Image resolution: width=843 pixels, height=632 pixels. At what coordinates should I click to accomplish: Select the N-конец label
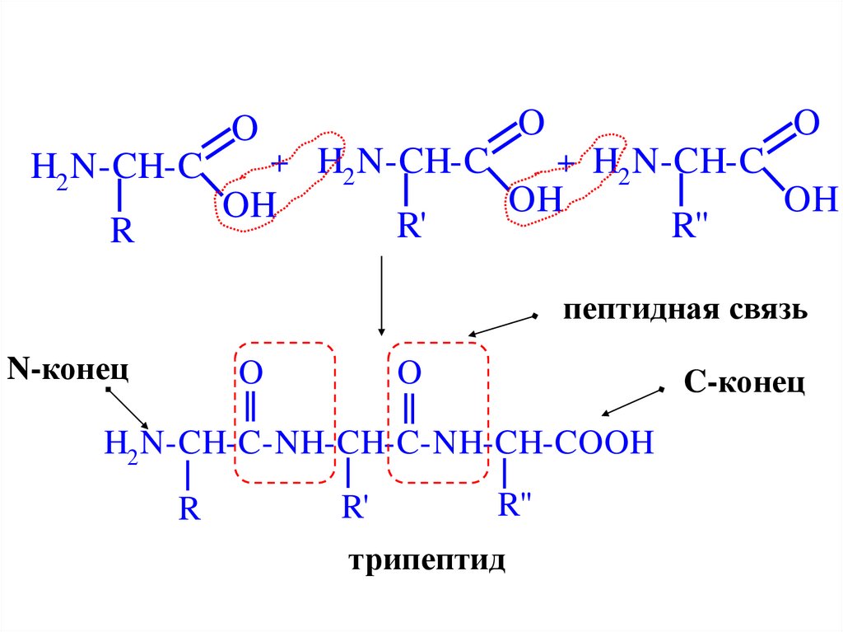[68, 368]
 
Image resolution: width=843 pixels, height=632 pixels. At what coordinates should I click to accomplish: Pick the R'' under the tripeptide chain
[517, 504]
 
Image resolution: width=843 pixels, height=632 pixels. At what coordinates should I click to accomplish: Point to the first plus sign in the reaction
[279, 163]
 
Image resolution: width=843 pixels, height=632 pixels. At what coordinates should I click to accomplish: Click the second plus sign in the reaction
[566, 163]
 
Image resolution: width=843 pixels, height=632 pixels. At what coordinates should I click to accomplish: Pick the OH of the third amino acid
[810, 199]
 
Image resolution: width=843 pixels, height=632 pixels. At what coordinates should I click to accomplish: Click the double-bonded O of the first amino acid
[245, 129]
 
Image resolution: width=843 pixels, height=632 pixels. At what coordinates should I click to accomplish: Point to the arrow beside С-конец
[633, 401]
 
